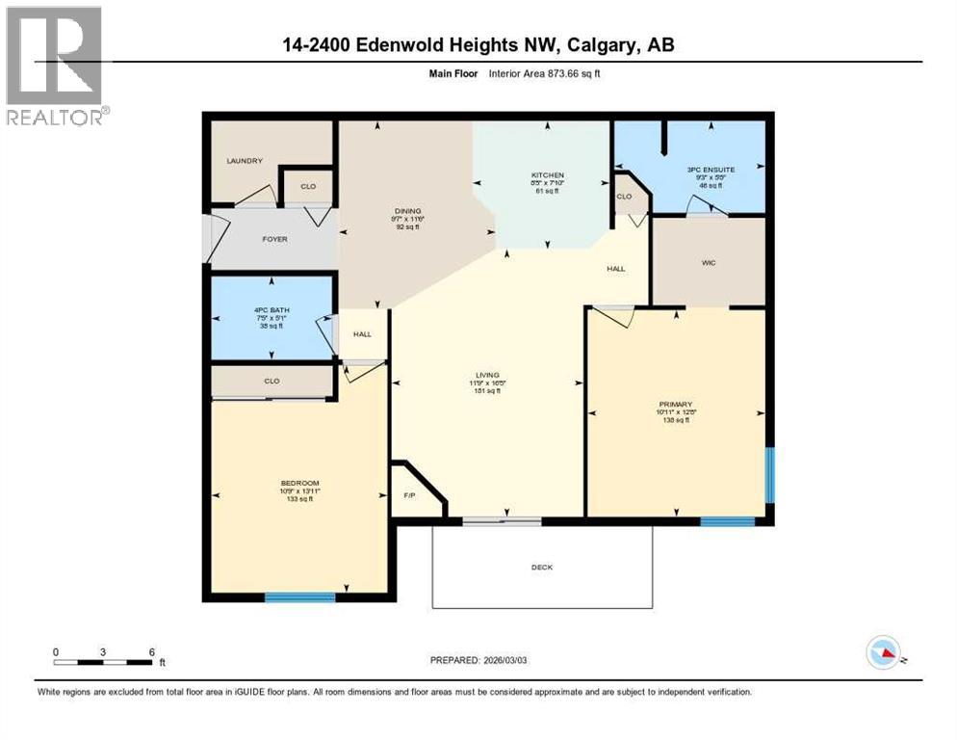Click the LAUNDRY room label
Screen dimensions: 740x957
point(244,161)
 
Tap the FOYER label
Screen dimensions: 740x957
point(274,239)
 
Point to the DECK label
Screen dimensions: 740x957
point(542,568)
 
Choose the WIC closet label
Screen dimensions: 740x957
point(710,262)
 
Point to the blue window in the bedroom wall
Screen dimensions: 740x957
point(299,597)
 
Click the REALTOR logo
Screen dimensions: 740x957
point(56,66)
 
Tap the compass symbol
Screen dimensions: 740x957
point(884,654)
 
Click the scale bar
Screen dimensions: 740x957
point(104,661)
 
